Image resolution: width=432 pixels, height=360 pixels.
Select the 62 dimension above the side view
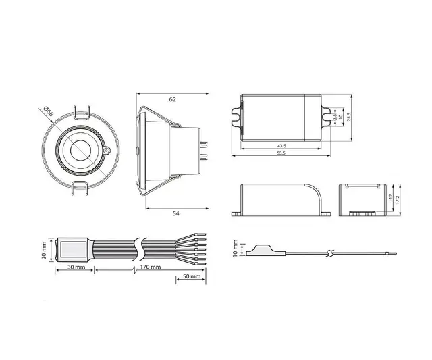click(172, 99)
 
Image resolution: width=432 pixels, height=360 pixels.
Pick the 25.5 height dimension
click(348, 116)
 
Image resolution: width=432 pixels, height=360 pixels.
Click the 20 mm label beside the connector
click(45, 250)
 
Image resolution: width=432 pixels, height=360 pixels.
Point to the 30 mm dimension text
click(76, 269)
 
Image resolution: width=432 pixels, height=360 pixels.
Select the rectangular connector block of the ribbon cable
click(73, 250)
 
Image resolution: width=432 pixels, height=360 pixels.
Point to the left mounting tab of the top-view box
click(237, 115)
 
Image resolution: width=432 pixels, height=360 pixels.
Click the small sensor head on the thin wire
click(260, 250)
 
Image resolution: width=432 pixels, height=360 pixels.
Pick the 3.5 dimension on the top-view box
click(335, 116)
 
